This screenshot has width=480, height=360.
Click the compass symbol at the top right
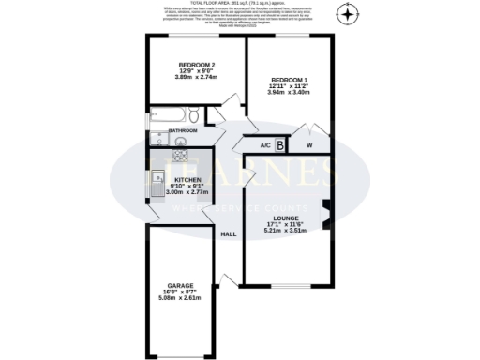348,15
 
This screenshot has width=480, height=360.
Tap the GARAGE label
180,286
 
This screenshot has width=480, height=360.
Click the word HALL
228,234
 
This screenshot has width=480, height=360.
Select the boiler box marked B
280,145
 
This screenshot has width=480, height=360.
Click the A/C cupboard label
264,146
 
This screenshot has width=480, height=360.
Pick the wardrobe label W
309,146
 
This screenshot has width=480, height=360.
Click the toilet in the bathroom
190,115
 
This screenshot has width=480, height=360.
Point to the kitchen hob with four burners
180,157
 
